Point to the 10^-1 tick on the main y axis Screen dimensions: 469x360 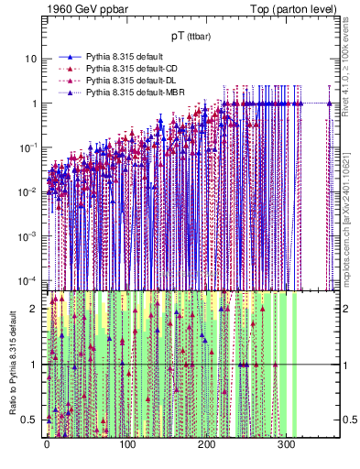pos(27,147)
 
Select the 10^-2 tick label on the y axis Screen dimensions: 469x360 pos(27,191)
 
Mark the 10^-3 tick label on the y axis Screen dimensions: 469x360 pos(27,234)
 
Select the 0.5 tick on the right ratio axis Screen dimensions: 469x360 pos(347,420)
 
